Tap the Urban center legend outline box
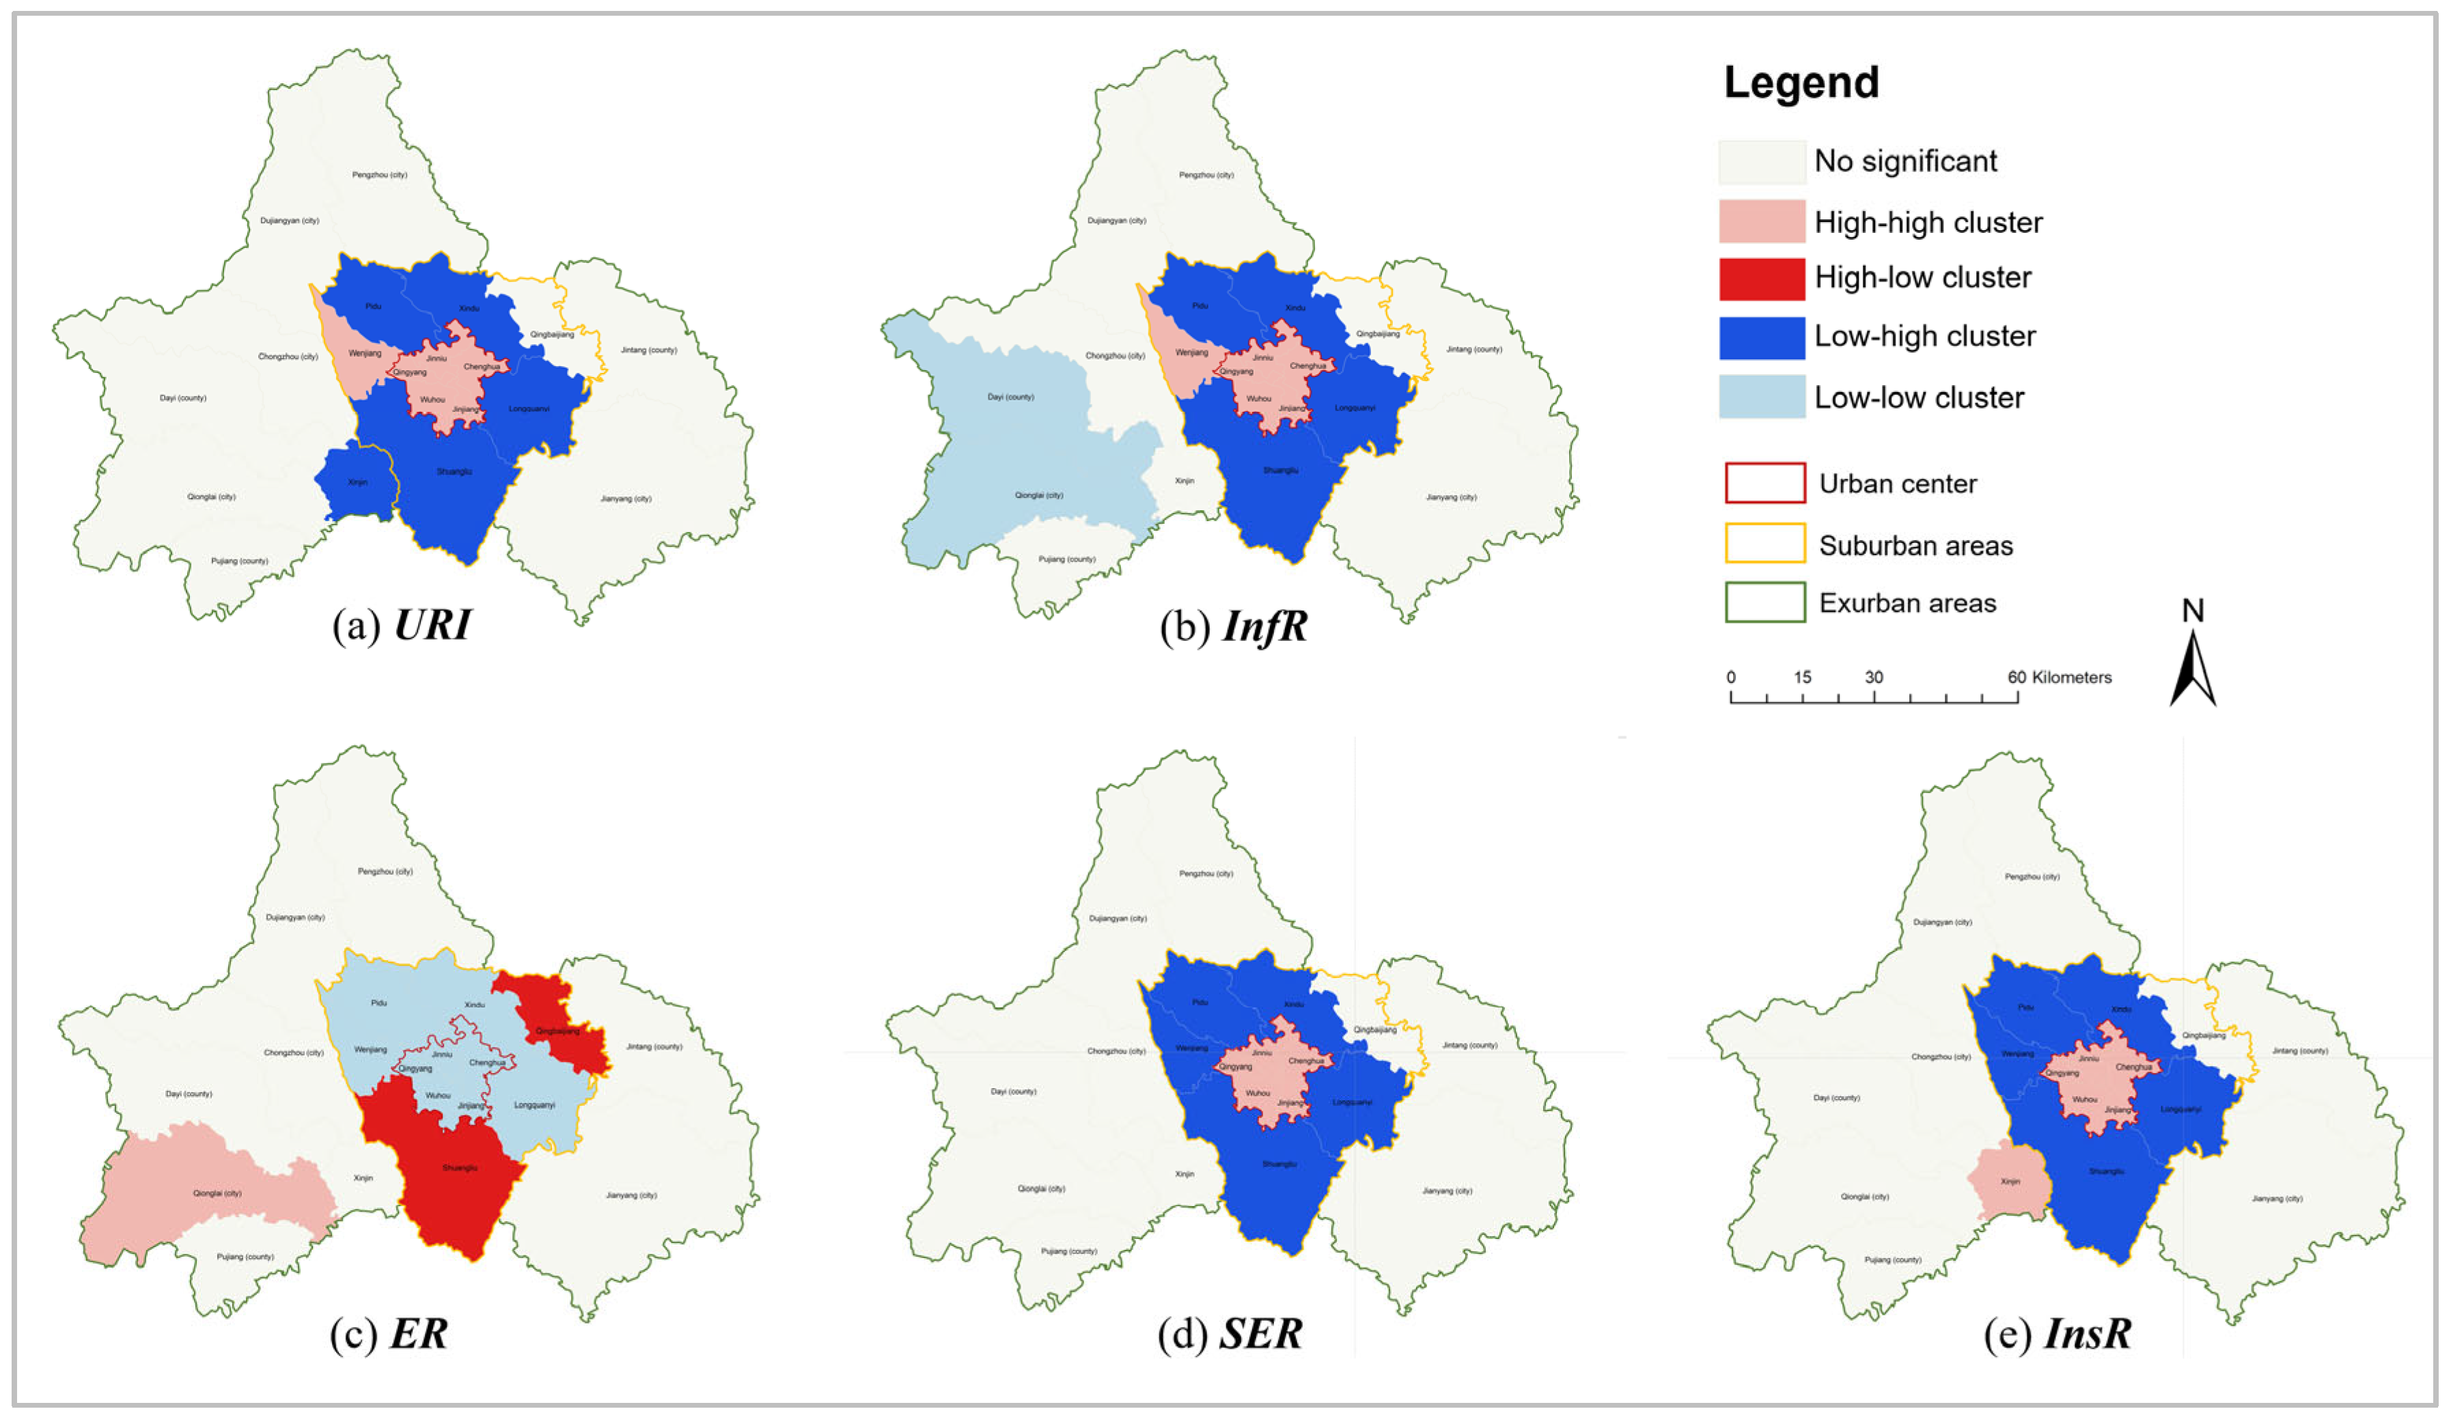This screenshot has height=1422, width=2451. click(x=1764, y=484)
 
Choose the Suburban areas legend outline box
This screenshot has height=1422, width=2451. click(x=1764, y=544)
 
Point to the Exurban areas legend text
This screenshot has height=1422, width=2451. click(x=1907, y=603)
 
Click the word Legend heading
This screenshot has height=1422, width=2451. click(x=1801, y=83)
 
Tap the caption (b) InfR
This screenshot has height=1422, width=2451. click(x=1233, y=626)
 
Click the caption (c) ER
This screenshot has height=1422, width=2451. click(x=389, y=1333)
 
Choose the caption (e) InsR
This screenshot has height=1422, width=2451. click(x=2057, y=1333)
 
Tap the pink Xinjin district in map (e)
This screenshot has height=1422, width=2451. click(x=2011, y=1182)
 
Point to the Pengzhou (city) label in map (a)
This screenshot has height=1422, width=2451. click(x=379, y=175)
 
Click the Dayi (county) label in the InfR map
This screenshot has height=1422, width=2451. click(x=1010, y=397)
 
